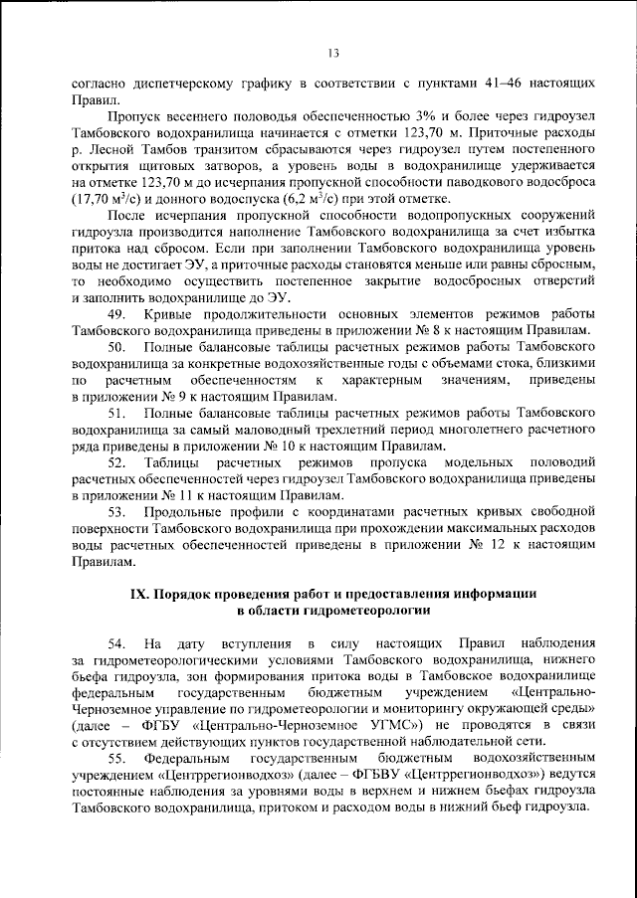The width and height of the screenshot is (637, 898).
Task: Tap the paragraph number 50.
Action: pyautogui.click(x=115, y=346)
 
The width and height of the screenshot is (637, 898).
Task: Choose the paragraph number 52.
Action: pyautogui.click(x=115, y=462)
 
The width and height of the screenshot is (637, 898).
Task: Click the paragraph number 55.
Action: pyautogui.click(x=115, y=759)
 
